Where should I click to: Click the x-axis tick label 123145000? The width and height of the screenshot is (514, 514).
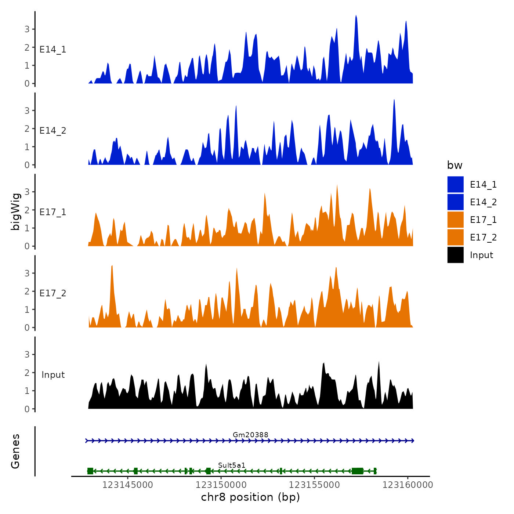click(127, 485)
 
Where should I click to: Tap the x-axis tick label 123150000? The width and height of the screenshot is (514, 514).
click(221, 485)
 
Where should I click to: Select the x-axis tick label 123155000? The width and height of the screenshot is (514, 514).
click(314, 485)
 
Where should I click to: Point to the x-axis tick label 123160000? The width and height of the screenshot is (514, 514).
click(408, 485)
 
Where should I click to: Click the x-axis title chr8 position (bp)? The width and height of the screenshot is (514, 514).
click(250, 497)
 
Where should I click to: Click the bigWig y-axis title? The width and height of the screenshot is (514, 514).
click(15, 211)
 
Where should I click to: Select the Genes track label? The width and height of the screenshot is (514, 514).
click(15, 451)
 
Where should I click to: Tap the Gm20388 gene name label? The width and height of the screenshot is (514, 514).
click(250, 435)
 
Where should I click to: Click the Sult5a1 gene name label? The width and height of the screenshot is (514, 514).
click(232, 465)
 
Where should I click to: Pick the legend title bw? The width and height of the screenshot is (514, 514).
click(455, 165)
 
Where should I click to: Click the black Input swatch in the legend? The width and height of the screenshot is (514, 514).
click(455, 255)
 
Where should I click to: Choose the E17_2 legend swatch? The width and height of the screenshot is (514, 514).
click(455, 237)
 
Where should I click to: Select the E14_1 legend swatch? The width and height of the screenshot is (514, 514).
click(455, 184)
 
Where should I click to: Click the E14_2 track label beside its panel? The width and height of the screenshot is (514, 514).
click(53, 131)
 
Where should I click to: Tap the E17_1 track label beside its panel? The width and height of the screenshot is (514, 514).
click(53, 212)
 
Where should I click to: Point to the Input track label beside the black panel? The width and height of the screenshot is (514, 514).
click(53, 374)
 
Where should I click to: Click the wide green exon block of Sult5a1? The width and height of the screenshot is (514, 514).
click(357, 471)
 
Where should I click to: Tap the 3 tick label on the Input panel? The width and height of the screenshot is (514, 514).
click(27, 354)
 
